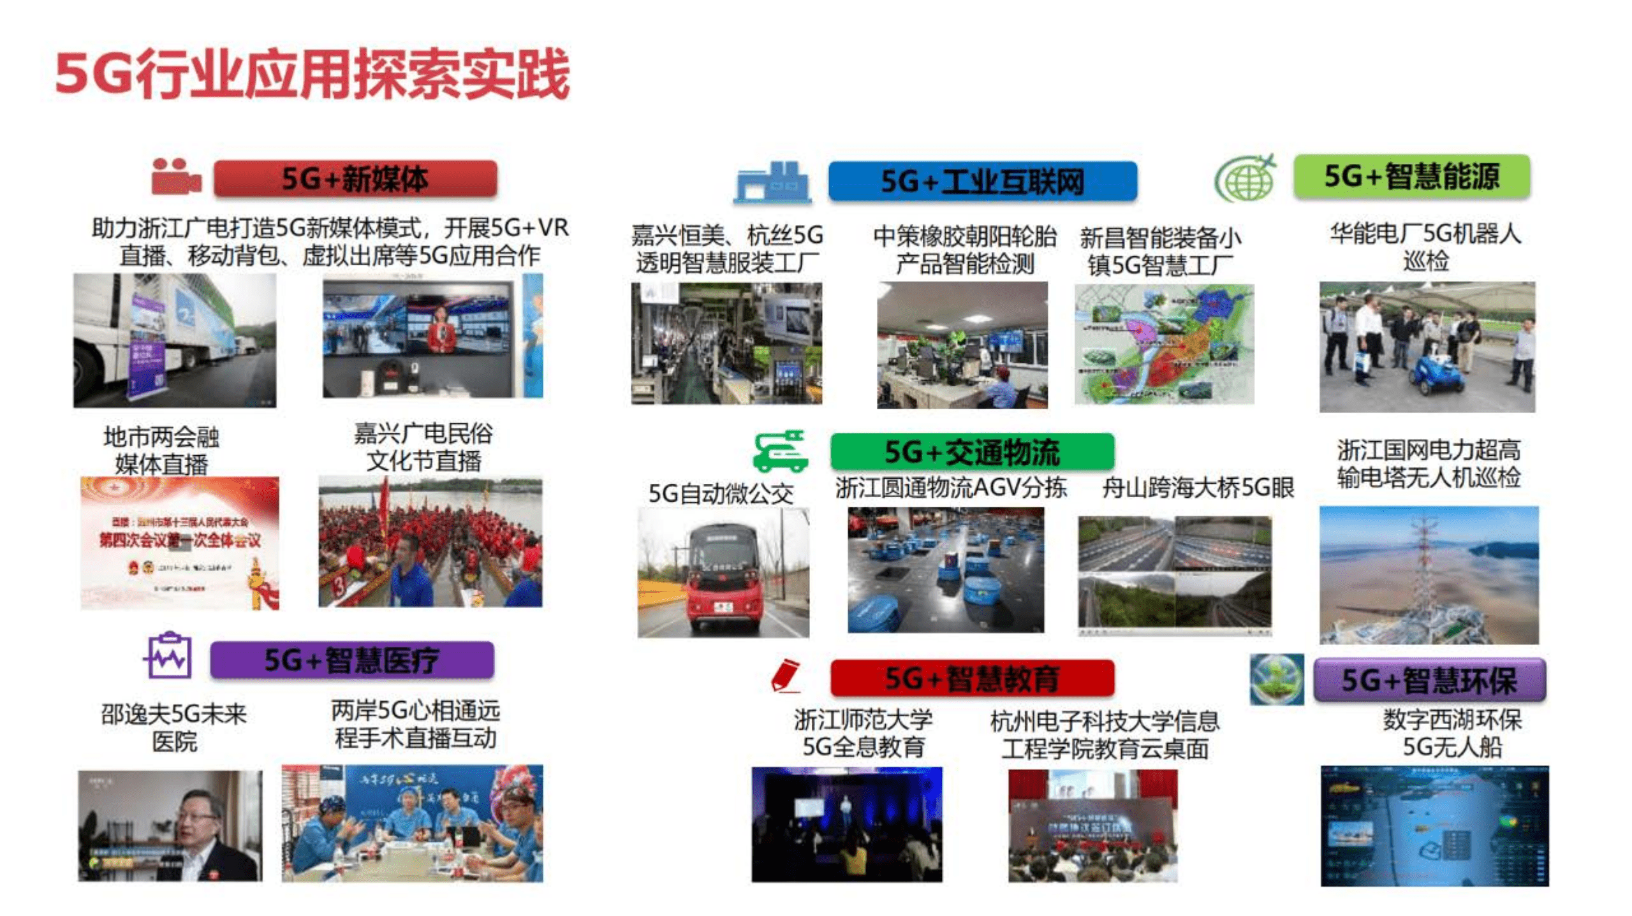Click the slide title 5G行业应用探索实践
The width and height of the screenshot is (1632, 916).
point(312,75)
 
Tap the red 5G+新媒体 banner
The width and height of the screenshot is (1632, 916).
point(355,178)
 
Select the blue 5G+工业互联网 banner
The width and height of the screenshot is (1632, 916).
point(982,182)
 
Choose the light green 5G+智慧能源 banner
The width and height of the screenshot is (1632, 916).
point(1411,177)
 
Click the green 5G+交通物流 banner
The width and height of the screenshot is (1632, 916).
point(972,452)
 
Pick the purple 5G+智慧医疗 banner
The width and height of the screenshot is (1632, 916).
point(351,660)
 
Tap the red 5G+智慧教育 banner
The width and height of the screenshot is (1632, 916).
point(972,678)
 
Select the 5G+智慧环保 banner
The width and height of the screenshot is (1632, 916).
point(1429,680)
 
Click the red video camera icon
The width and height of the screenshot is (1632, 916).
point(175,177)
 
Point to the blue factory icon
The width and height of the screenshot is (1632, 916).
point(772,183)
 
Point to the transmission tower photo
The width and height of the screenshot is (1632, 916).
point(1429,575)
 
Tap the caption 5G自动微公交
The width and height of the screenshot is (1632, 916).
point(721,493)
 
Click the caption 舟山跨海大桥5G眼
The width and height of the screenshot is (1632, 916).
point(1198,488)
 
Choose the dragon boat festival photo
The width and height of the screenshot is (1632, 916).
point(430,542)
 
